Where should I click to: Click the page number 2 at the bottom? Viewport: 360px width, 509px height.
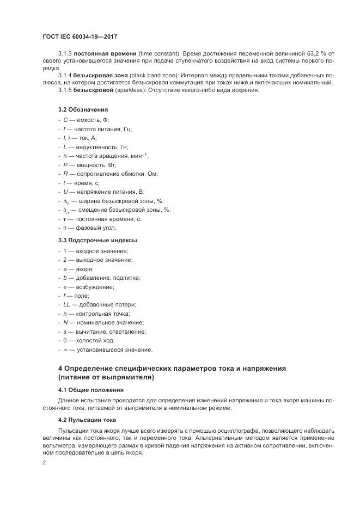point(45,462)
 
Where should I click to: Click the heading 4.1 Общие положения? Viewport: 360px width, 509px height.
point(91,390)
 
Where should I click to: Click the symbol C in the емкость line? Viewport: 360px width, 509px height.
point(65,120)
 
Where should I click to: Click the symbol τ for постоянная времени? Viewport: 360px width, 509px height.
point(65,219)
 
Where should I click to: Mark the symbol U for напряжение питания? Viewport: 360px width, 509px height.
point(65,192)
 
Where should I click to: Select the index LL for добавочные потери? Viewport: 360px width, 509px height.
point(67,304)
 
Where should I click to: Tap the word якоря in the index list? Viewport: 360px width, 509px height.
point(84,269)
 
